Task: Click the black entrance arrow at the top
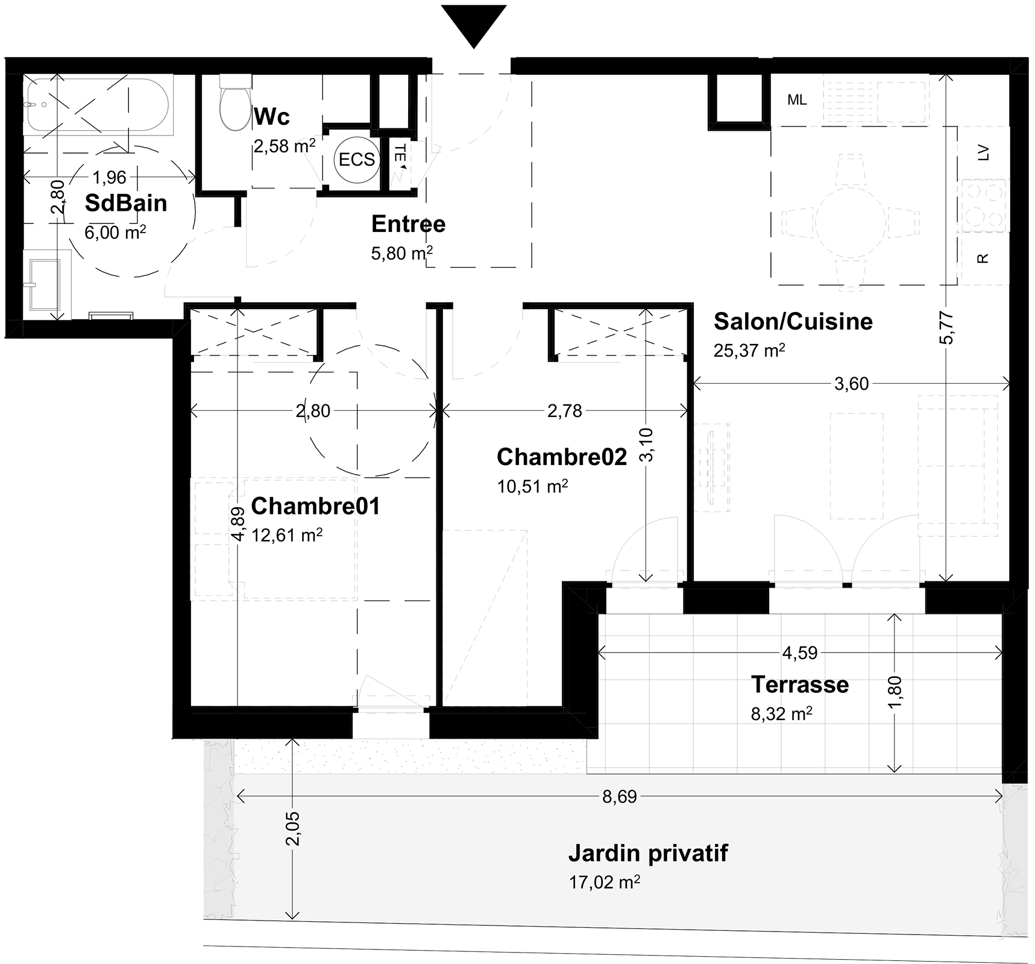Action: tap(474, 24)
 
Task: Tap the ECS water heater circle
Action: tap(357, 159)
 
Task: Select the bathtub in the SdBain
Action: tap(98, 105)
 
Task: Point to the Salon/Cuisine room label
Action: tap(793, 322)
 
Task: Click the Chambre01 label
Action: tap(315, 506)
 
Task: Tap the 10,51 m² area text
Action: tap(532, 486)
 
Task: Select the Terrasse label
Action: tap(800, 684)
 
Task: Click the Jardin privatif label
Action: tap(648, 854)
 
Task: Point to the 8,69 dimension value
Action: tap(620, 797)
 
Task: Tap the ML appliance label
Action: tap(797, 100)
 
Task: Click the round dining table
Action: tap(851, 222)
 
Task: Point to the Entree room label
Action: tap(408, 224)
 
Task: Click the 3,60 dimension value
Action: tap(851, 384)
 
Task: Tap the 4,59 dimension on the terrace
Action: tap(800, 653)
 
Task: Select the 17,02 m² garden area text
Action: tap(604, 883)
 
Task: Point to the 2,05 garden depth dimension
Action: tap(294, 828)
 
